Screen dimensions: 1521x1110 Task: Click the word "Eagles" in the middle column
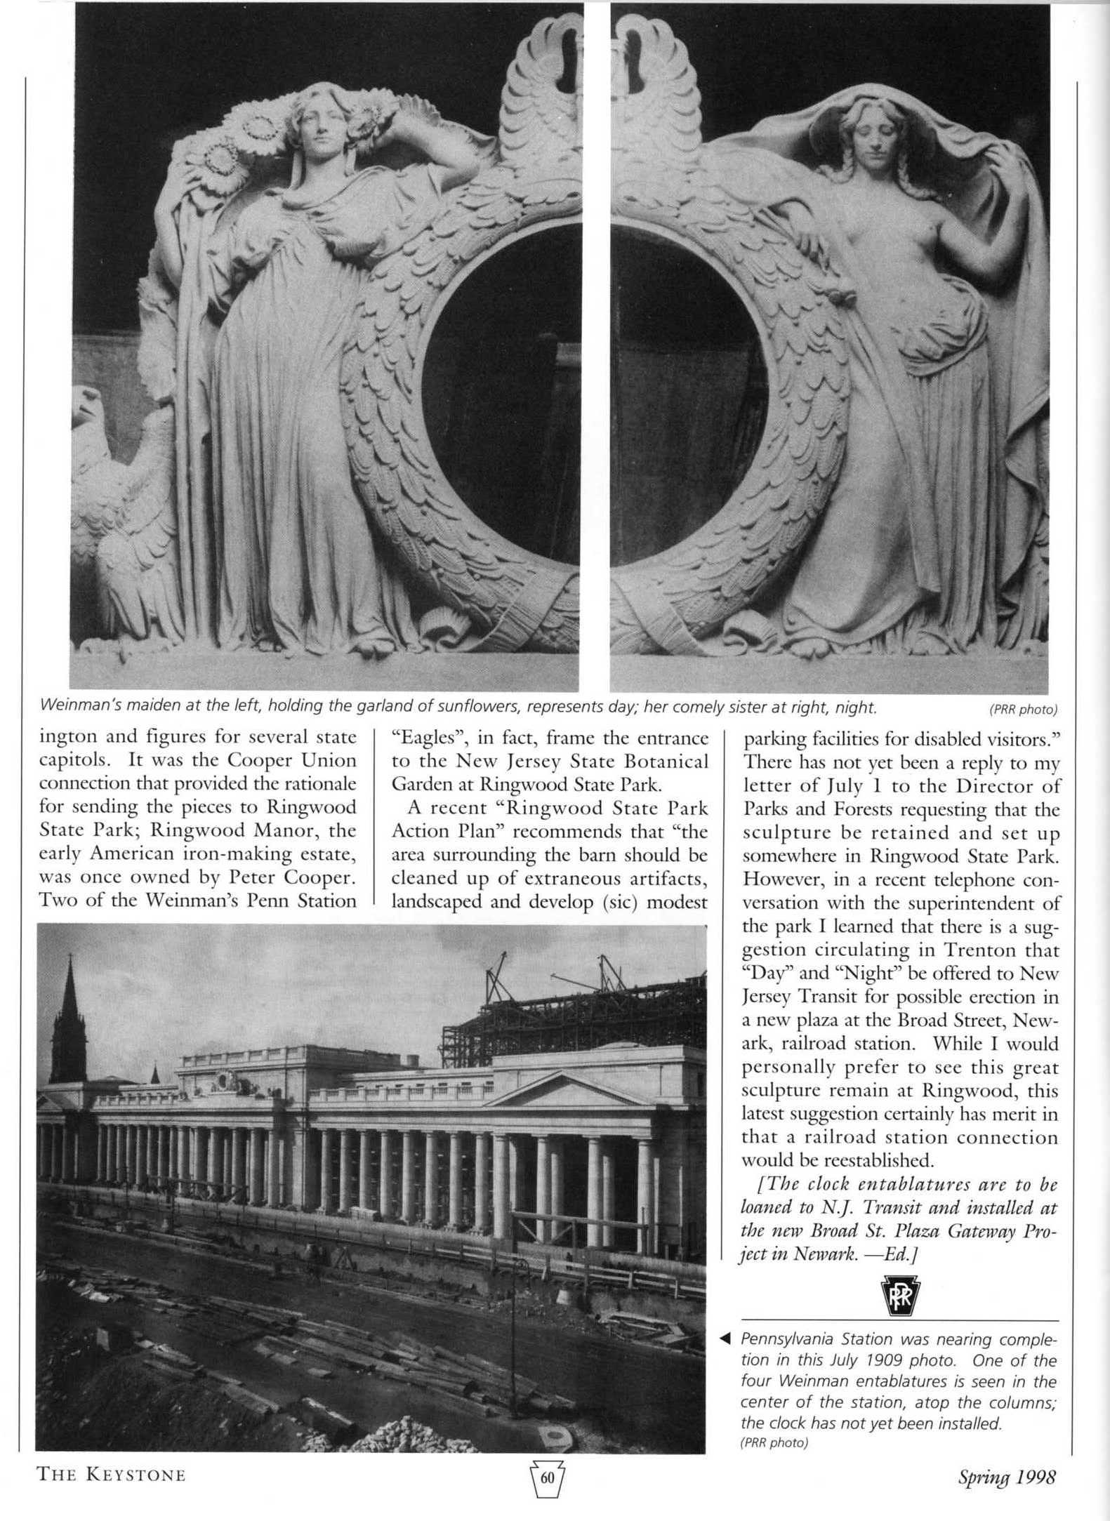(423, 738)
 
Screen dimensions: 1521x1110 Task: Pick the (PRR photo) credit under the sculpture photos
(1022, 710)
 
